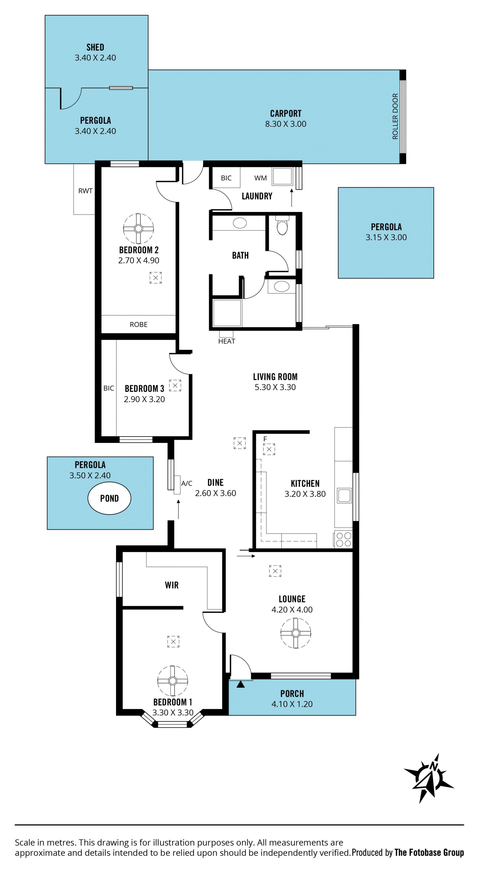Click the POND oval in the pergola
[109, 498]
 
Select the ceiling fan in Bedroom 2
[138, 229]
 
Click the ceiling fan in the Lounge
[296, 633]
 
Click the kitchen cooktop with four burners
[343, 540]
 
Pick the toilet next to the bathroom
[282, 225]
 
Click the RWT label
[85, 191]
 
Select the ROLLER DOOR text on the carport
[395, 116]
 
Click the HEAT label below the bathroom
[227, 341]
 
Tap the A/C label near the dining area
[187, 483]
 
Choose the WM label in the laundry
[260, 178]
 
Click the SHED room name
[95, 47]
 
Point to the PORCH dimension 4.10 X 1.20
[292, 704]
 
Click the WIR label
[172, 585]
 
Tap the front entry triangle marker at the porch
[240, 684]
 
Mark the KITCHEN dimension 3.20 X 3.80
[305, 494]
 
